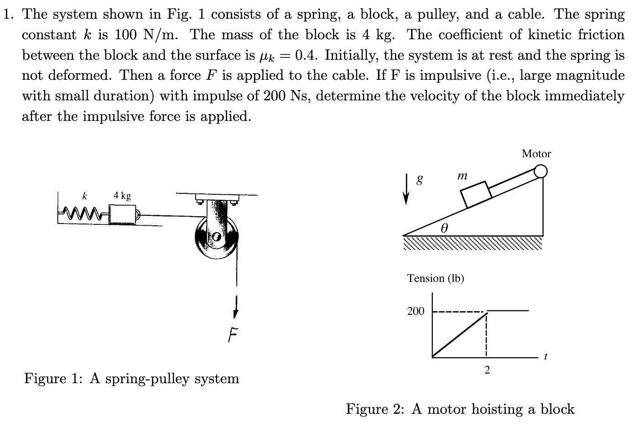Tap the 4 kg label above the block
(x=122, y=196)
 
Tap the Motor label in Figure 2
(x=536, y=154)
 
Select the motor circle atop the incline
(x=540, y=171)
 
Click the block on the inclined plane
(x=476, y=194)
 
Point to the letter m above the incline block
(x=462, y=175)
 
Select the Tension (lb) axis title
(x=435, y=278)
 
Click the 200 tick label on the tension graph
(x=415, y=311)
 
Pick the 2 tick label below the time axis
(x=487, y=370)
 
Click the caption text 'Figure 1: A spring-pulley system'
(x=131, y=378)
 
